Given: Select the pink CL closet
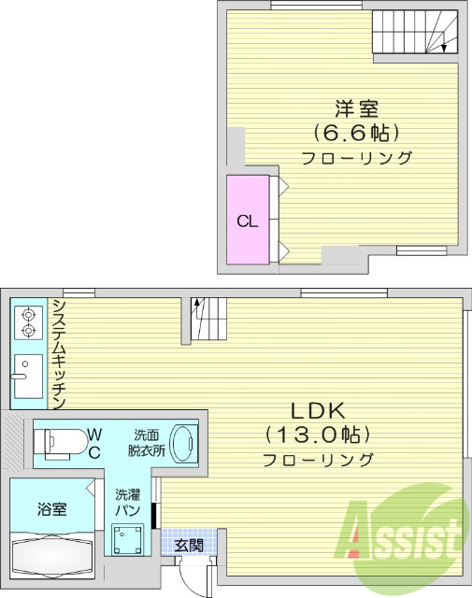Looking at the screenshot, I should coord(248,221).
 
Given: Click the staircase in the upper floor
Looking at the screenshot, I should coord(415,35).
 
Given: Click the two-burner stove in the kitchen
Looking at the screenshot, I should coord(28,322).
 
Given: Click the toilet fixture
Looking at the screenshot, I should coord(60,439).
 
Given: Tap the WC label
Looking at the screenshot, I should coord(94,440).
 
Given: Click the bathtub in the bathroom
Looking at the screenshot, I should coord(50,557).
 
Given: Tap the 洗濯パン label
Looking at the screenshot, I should coord(127,503).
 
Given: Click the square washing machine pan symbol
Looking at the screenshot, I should coord(127,539).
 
